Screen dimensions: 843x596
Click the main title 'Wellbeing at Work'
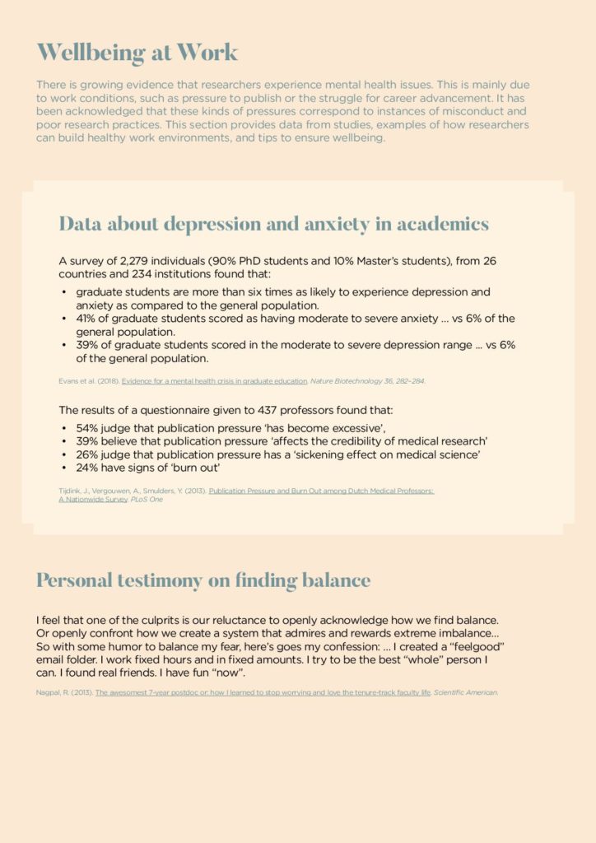pos(137,52)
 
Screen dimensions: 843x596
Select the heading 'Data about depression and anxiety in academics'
pos(273,223)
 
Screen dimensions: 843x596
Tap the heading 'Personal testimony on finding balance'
pos(203,580)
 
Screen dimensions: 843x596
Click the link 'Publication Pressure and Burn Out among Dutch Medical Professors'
pos(321,491)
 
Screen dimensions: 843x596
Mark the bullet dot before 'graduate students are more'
pos(64,293)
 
